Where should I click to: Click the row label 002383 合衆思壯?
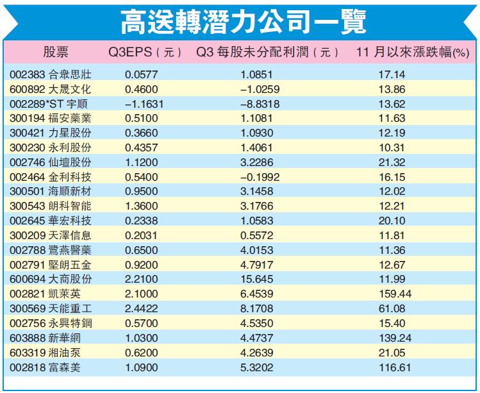[x=51, y=74]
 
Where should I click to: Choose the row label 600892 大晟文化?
[x=51, y=88]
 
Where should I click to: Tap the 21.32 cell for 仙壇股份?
[x=392, y=162]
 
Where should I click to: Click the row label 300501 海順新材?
[x=51, y=191]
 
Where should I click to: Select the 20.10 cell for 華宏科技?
[x=392, y=220]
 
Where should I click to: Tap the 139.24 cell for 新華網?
[x=392, y=337]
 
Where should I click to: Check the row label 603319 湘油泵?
[x=46, y=352]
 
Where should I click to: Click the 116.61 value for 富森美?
[x=392, y=367]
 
